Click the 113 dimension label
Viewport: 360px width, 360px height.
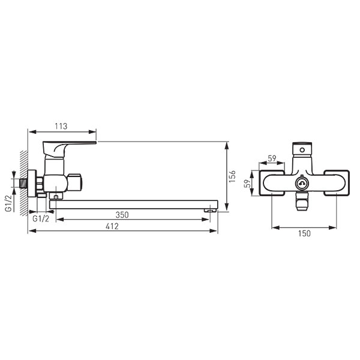(x=61, y=126)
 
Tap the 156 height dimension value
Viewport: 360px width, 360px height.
(x=233, y=176)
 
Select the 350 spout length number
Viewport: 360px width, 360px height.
(x=122, y=215)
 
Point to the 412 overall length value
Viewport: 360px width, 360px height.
(x=112, y=226)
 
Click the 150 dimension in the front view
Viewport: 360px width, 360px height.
(x=304, y=233)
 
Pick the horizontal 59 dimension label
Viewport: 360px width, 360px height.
(x=272, y=158)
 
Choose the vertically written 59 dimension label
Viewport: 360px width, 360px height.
(x=247, y=184)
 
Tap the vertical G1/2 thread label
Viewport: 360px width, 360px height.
(x=9, y=203)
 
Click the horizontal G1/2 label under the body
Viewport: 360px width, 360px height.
(x=41, y=219)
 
